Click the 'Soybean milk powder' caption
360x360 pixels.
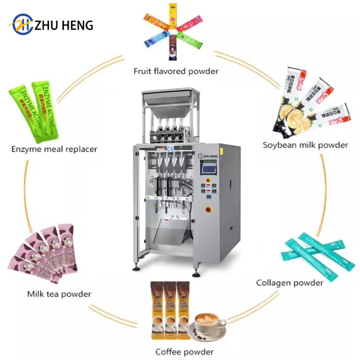[x=306, y=145]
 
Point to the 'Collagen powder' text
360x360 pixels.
[x=289, y=283]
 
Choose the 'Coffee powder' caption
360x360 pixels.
[x=184, y=351]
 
